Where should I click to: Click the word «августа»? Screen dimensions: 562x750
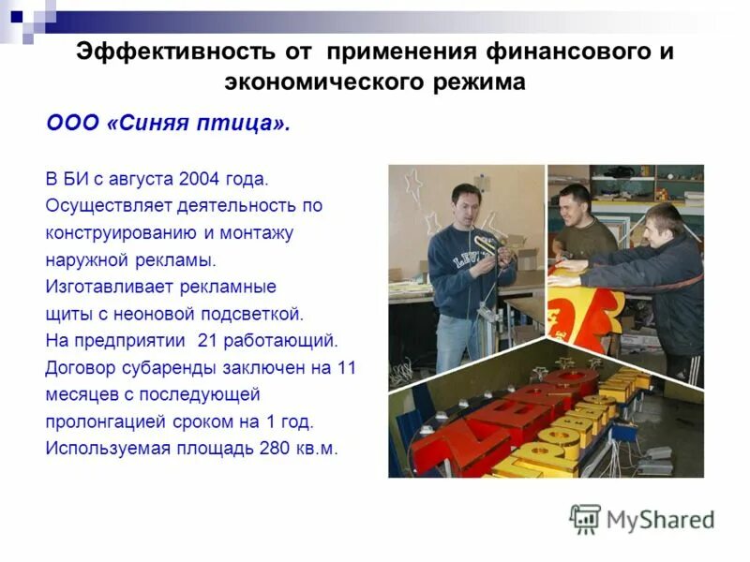(x=140, y=177)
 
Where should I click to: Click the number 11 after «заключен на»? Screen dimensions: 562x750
(x=346, y=366)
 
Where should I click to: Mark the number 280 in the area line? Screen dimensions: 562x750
(x=275, y=448)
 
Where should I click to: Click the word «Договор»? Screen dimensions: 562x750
(x=80, y=366)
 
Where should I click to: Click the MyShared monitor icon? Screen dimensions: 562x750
(x=585, y=519)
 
